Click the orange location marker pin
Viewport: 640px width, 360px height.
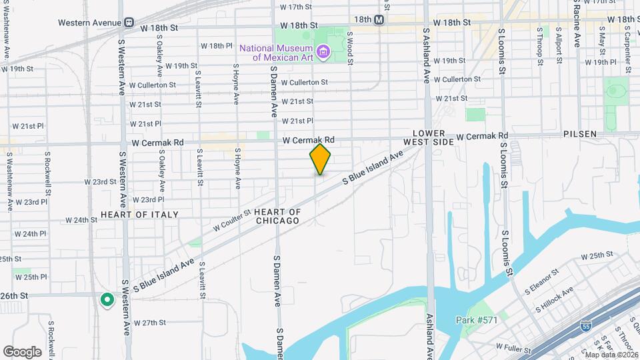321,159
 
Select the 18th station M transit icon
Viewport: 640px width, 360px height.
379,20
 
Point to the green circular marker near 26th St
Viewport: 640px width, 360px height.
106,300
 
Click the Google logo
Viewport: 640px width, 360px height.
22,351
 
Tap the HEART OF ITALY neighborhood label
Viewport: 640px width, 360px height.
139,215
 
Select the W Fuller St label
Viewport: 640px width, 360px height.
513,348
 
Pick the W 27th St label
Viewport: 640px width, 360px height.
149,323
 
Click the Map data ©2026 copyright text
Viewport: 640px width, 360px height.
611,354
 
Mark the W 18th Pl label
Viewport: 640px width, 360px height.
216,46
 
